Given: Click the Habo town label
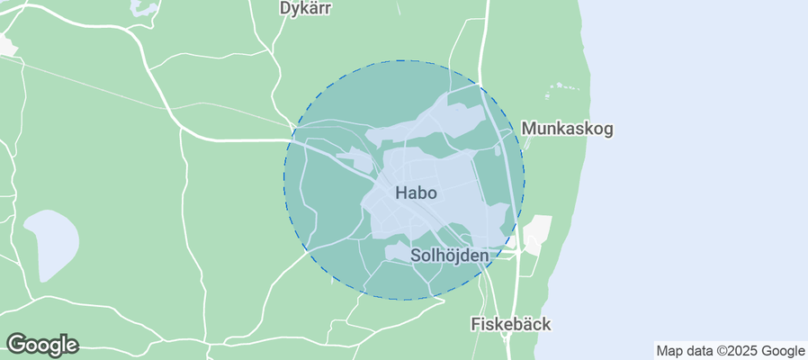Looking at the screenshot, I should coord(416,193).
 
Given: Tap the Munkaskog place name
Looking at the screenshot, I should coord(567,129).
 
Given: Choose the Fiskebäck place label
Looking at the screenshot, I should coord(511,324).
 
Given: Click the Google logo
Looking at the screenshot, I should coord(42,344).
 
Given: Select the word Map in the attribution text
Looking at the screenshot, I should coord(670,351).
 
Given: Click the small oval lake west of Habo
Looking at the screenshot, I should coord(51,243).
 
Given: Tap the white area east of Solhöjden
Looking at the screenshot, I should coord(536,234).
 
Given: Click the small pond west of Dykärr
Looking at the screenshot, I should coord(143,7).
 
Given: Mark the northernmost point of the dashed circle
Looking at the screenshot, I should coord(404,60).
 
